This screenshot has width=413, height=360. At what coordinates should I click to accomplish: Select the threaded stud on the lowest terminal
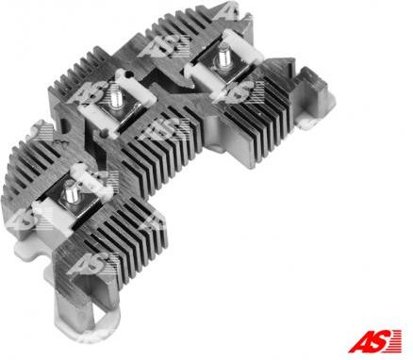pos(72,192)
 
